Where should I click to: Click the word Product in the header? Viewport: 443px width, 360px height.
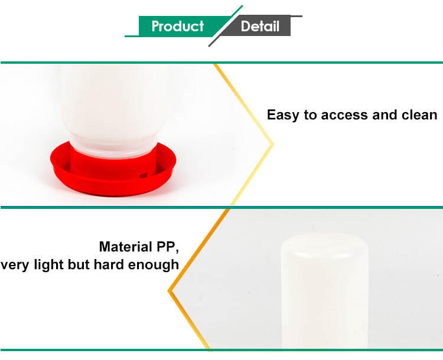(x=177, y=26)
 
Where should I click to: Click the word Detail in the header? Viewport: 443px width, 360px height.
(x=260, y=26)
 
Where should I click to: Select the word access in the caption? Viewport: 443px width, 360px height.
(x=344, y=115)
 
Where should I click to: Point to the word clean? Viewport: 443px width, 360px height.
(x=419, y=115)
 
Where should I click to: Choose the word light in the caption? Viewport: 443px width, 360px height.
(x=49, y=264)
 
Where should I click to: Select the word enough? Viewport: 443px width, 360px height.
(x=154, y=265)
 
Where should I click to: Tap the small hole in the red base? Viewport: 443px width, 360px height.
(x=144, y=176)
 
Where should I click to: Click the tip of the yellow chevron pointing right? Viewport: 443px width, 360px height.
(x=273, y=145)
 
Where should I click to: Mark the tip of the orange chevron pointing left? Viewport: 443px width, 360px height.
(x=168, y=290)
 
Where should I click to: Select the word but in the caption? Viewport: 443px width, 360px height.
(x=79, y=264)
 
